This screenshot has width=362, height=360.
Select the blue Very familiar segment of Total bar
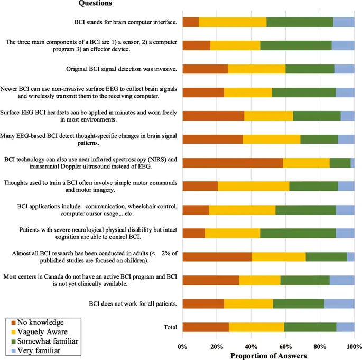pyautogui.click(x=345, y=327)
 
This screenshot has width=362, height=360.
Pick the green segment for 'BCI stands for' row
pyautogui.click(x=300, y=22)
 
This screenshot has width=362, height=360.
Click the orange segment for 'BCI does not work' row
pyautogui.click(x=203, y=303)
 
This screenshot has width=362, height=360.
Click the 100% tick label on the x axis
pyautogui.click(x=352, y=346)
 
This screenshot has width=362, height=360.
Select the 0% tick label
pyautogui.click(x=182, y=346)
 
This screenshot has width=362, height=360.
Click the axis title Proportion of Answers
pyautogui.click(x=268, y=355)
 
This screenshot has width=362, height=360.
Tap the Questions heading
pyautogui.click(x=95, y=4)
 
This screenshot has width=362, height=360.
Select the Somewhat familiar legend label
pyautogui.click(x=48, y=341)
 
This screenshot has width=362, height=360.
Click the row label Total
pyautogui.click(x=170, y=327)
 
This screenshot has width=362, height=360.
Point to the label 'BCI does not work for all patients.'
pyautogui.click(x=132, y=303)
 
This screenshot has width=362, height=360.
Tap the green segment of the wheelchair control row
pyautogui.click(x=305, y=210)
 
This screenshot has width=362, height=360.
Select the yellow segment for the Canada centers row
pyautogui.click(x=259, y=280)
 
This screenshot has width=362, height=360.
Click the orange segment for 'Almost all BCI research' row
pyautogui.click(x=217, y=256)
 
